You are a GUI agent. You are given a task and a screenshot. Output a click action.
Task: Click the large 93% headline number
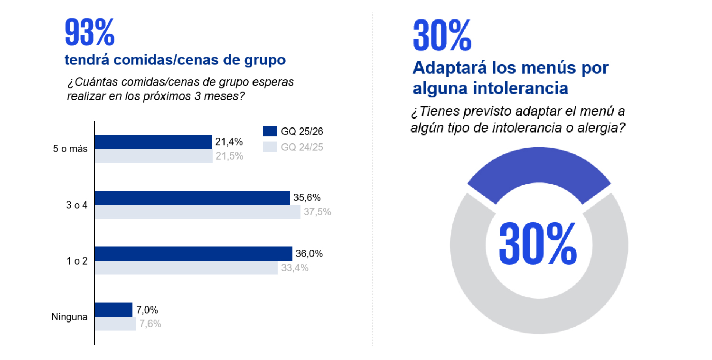pos(89,33)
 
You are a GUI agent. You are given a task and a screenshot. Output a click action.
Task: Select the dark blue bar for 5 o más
pos(153,142)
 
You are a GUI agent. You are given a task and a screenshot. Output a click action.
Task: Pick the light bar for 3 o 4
pos(197,212)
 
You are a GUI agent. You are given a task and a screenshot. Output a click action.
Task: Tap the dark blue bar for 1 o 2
pos(193,254)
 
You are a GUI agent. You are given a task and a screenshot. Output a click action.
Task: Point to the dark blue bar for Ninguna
pos(113,310)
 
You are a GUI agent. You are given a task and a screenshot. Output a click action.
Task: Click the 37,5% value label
pos(317,212)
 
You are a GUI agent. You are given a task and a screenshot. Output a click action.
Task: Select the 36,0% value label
pos(309,254)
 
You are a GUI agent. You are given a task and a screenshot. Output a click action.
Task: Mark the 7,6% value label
pos(150,324)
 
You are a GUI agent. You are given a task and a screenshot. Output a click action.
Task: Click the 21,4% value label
pos(229,142)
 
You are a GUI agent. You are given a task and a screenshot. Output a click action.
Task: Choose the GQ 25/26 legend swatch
pos(270,131)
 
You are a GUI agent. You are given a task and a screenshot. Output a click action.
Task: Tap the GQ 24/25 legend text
pos(302,147)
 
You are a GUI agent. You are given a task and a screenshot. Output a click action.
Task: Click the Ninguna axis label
pos(69,317)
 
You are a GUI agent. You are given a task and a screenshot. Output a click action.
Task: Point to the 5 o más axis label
pos(70,149)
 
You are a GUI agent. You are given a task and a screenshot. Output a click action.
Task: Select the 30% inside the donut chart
pos(538,244)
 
